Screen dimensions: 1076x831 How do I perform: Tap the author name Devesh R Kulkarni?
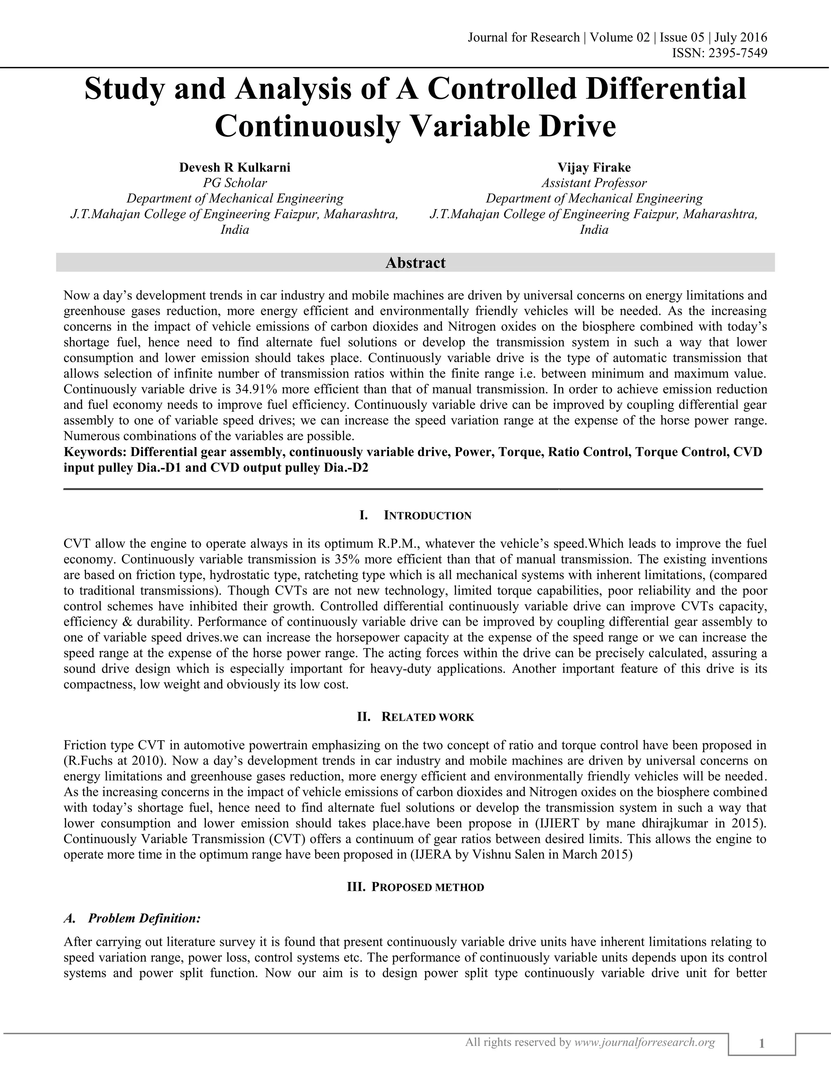pos(235,168)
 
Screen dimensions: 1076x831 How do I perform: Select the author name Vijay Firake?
pos(594,168)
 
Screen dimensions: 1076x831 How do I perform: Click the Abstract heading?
pos(415,263)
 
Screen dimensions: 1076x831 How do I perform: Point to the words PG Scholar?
pos(235,183)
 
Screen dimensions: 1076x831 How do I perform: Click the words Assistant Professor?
pos(594,183)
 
